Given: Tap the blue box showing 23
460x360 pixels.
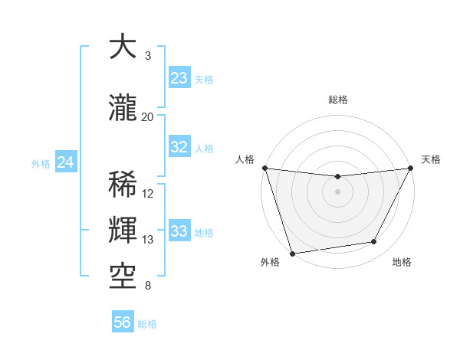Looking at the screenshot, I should pos(179,78).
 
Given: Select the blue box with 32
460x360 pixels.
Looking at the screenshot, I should pos(179,147).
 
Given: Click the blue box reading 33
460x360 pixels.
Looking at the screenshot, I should pos(179,231).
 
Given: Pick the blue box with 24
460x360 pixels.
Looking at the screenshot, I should pos(66,162).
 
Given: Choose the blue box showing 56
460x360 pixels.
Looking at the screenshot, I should pos(123,322).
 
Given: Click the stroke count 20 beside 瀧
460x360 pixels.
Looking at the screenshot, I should pos(147,116).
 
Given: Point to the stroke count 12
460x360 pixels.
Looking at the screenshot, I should pos(148,194).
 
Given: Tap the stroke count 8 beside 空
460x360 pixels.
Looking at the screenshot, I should pos(147,286).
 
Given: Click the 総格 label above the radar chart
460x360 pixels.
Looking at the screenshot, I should pos(338,100).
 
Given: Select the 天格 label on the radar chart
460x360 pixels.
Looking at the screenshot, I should pos(431,159).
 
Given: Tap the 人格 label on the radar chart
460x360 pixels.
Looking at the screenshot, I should pos(245,159).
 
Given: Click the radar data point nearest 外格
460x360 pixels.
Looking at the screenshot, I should pos(292,253).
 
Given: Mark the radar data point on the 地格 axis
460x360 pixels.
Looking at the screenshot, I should pos(374,242).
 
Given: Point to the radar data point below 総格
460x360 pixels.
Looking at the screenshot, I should pos(337,177).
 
